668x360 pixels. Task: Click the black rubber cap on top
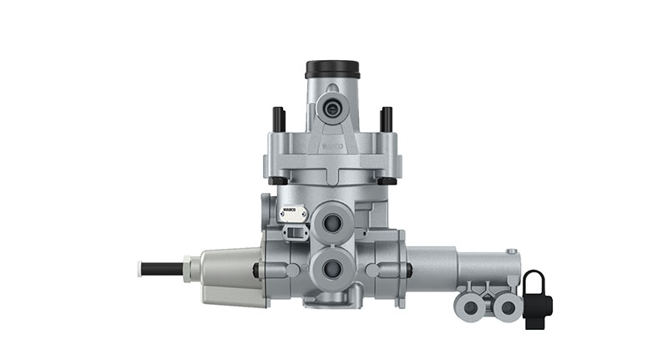(x=332, y=68)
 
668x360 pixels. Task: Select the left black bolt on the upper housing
(x=279, y=119)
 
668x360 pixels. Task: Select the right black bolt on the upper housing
(x=387, y=119)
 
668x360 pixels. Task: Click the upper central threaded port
(x=333, y=221)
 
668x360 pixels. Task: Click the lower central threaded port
(x=333, y=268)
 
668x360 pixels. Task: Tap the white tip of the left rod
(x=139, y=269)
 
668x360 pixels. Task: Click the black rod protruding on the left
(x=163, y=269)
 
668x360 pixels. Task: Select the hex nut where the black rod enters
(x=192, y=269)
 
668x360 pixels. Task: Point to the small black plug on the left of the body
(x=256, y=270)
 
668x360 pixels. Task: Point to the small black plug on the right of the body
(x=408, y=270)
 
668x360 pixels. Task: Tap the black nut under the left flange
(x=278, y=180)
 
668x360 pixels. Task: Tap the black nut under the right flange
(x=387, y=180)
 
